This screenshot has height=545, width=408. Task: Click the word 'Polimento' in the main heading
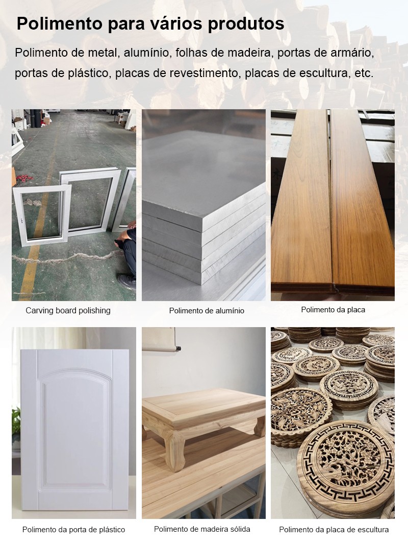[x=59, y=24]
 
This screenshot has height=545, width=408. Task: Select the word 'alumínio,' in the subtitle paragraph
[x=146, y=53]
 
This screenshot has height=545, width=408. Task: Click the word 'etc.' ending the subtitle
[x=364, y=73]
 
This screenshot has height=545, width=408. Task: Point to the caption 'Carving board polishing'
[x=68, y=310]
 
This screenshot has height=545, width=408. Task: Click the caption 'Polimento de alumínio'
[x=207, y=311]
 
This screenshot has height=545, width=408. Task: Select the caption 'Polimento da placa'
[x=333, y=310]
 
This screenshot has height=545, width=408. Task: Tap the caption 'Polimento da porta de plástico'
[x=73, y=530]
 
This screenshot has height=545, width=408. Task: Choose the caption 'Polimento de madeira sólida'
[x=202, y=529]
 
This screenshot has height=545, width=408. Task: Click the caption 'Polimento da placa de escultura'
[x=334, y=530]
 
